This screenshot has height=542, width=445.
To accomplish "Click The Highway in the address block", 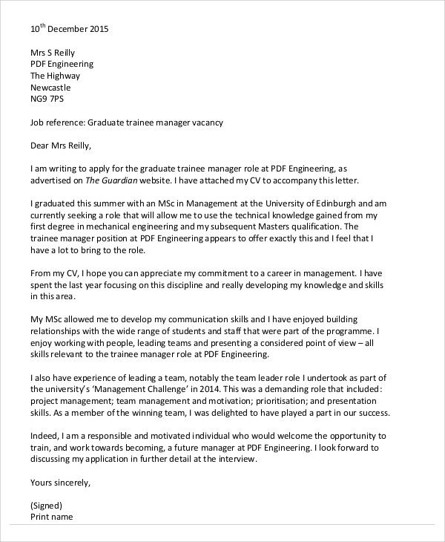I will [x=55, y=76].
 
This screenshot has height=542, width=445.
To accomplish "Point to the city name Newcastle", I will [x=53, y=87].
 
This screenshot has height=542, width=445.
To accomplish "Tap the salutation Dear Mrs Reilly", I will [x=63, y=145].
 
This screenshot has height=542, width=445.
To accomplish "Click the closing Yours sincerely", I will [x=60, y=482].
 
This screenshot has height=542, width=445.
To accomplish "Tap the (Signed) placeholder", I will [x=47, y=506].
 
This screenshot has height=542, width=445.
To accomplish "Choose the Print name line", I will [x=52, y=517].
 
